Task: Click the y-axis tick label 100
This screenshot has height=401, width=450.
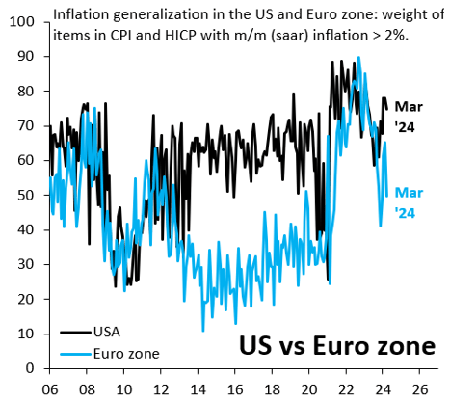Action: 19,21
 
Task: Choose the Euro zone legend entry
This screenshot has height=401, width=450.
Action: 128,353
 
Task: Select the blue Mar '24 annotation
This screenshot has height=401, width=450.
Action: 411,202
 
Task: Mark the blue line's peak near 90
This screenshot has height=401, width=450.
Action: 358,58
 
